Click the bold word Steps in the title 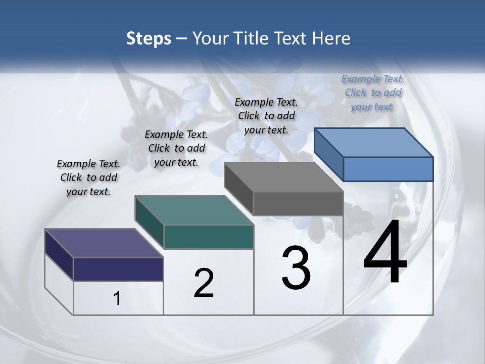click(149, 38)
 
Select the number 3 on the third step click(296, 268)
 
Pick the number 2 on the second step click(204, 283)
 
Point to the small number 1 click(117, 299)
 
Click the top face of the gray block click(283, 176)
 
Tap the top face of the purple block click(104, 243)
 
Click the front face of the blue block click(388, 169)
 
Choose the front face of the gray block click(298, 203)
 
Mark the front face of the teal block click(209, 237)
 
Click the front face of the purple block click(118, 269)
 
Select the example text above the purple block click(88, 177)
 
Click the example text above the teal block click(176, 148)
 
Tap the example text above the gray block click(266, 116)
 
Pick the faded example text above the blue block click(373, 93)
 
